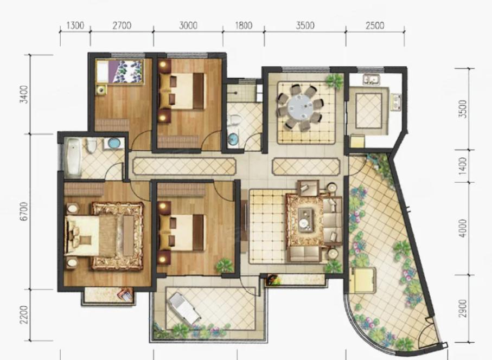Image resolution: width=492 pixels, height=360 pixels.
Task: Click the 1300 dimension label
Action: tap(75, 25)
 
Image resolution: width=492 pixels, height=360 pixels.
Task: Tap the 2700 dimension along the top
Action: tap(122, 25)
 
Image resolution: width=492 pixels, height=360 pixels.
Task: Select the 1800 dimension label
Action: tap(244, 25)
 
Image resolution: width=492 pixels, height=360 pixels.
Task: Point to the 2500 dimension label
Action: tap(375, 25)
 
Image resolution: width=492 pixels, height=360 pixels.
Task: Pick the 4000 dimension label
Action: tap(463, 228)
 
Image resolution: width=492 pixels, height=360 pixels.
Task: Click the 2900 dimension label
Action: tap(463, 308)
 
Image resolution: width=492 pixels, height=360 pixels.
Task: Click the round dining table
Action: tap(300, 107)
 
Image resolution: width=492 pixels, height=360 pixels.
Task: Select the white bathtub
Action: tap(73, 156)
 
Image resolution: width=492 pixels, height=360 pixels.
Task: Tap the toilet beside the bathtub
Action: tap(91, 146)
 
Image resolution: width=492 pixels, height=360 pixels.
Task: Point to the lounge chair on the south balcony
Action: tap(184, 308)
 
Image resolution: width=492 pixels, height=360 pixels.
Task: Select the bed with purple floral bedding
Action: tap(120, 72)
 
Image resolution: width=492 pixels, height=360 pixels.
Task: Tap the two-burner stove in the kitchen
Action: tap(395, 102)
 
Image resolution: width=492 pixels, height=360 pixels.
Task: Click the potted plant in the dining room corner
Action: tap(335, 81)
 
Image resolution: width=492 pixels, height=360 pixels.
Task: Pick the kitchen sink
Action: tap(372, 79)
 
